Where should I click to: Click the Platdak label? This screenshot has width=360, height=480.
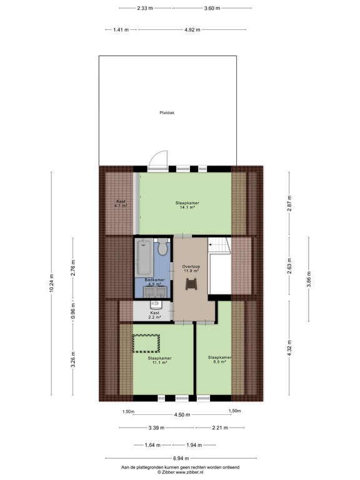(167, 112)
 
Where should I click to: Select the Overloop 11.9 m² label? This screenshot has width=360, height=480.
(191, 269)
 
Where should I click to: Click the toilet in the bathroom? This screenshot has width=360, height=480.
(162, 249)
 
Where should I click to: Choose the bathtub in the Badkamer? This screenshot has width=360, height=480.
(143, 257)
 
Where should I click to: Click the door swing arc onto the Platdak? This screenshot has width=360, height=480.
(160, 158)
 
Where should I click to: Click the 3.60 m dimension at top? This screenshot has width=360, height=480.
(212, 8)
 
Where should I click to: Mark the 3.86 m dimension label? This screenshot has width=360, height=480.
(309, 279)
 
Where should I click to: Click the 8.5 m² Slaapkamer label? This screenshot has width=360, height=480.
(219, 360)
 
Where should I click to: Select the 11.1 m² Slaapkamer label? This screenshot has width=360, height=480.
(159, 361)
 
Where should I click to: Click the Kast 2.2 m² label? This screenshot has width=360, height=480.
(155, 315)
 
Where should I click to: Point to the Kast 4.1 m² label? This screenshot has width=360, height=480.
(121, 203)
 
